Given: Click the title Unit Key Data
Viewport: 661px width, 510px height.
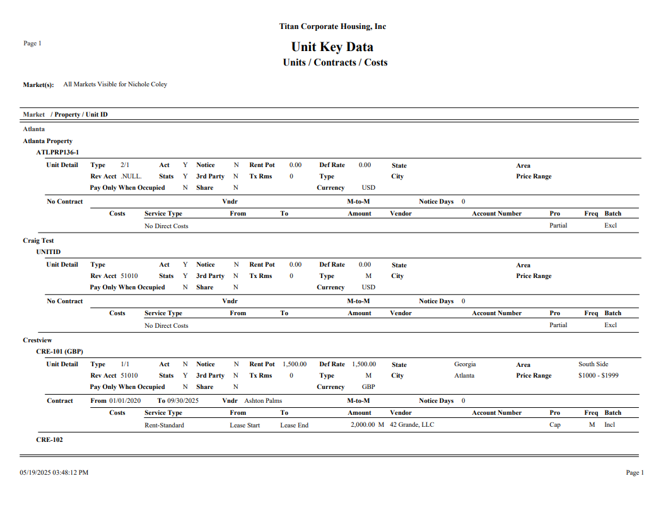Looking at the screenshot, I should [x=332, y=47].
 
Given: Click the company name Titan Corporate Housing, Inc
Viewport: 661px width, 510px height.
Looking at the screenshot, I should [x=332, y=26].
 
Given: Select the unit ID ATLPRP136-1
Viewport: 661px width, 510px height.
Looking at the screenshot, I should [x=57, y=152].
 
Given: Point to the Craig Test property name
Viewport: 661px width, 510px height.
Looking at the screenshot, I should [x=38, y=240].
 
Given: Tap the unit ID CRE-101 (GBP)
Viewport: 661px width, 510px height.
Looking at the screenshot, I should [x=59, y=351].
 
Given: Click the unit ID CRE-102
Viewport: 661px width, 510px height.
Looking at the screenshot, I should [x=49, y=439].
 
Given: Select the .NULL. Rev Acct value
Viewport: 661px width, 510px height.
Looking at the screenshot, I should [x=131, y=177].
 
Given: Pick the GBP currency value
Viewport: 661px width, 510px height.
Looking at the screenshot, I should [x=368, y=387].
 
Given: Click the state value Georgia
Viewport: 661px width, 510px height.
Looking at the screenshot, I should [x=465, y=364].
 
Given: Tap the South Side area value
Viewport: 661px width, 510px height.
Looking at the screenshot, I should [x=594, y=364].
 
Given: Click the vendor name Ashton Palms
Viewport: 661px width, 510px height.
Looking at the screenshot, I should [x=263, y=401].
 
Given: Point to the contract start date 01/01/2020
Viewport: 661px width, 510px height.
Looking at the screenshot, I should [x=125, y=401].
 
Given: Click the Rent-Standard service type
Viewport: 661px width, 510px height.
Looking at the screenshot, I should [x=164, y=425].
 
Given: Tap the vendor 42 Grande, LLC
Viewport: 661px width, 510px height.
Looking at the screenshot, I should [x=412, y=425].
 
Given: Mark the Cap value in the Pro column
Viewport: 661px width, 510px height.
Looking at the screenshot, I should [x=554, y=425].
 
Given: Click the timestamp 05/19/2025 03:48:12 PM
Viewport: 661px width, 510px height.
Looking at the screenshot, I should [x=54, y=472].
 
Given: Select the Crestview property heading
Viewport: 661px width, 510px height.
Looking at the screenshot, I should [x=37, y=340].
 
